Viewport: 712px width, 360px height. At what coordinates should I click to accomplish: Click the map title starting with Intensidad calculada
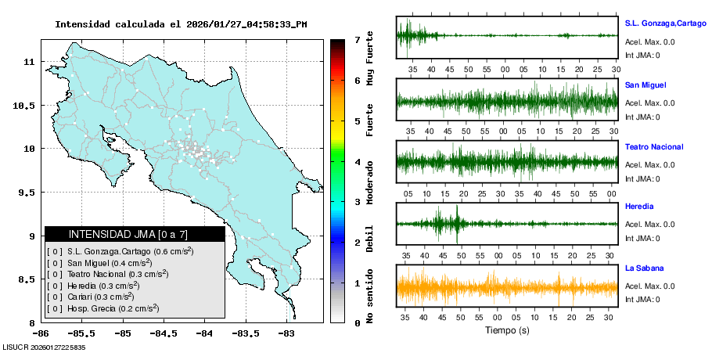(x=181, y=24)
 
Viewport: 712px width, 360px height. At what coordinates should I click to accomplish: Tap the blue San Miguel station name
(x=645, y=85)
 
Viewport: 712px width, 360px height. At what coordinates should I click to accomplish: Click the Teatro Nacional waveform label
(x=654, y=147)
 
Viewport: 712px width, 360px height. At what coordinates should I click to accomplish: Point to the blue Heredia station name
(x=639, y=207)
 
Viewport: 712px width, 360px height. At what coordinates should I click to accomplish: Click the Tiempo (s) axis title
(x=507, y=330)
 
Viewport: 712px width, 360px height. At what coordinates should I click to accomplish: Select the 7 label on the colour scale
(x=357, y=40)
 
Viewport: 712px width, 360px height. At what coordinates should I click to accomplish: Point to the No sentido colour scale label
(x=370, y=296)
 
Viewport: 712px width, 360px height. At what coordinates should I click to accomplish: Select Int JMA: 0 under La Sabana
(x=642, y=300)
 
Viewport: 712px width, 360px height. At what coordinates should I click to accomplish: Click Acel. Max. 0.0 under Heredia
(x=650, y=225)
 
